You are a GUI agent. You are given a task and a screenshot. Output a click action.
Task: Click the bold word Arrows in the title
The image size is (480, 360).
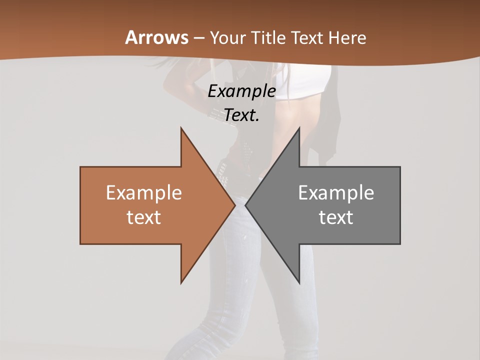[x=156, y=37]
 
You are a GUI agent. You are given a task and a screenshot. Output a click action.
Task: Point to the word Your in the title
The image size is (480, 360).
[x=227, y=37]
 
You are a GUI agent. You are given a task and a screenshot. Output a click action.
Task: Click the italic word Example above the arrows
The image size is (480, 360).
[x=241, y=91]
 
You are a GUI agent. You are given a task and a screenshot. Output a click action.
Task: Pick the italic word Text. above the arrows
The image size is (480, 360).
[x=241, y=115]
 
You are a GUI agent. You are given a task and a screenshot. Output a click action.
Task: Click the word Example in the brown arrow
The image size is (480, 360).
[x=144, y=193]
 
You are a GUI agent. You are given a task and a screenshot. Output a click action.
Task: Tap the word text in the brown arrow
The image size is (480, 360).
[x=144, y=217]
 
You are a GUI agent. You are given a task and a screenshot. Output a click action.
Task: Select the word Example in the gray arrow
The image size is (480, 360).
[x=336, y=193]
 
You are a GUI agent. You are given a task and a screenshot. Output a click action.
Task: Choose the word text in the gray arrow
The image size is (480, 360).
[x=336, y=217]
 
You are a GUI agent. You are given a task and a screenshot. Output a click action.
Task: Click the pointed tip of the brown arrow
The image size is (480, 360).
[x=234, y=205]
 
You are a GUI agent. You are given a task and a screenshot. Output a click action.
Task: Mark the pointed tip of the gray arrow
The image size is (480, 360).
[x=246, y=205]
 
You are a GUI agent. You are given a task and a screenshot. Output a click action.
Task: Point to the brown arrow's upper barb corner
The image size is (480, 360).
[x=181, y=128]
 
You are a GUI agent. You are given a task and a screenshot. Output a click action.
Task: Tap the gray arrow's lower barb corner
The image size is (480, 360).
[x=299, y=282]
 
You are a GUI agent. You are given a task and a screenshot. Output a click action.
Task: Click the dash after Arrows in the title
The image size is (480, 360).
[x=198, y=38]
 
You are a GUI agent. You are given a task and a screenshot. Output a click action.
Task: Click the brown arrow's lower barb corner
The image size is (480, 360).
[x=181, y=282]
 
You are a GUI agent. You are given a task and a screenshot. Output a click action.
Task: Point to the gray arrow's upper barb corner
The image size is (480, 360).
[x=299, y=128]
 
